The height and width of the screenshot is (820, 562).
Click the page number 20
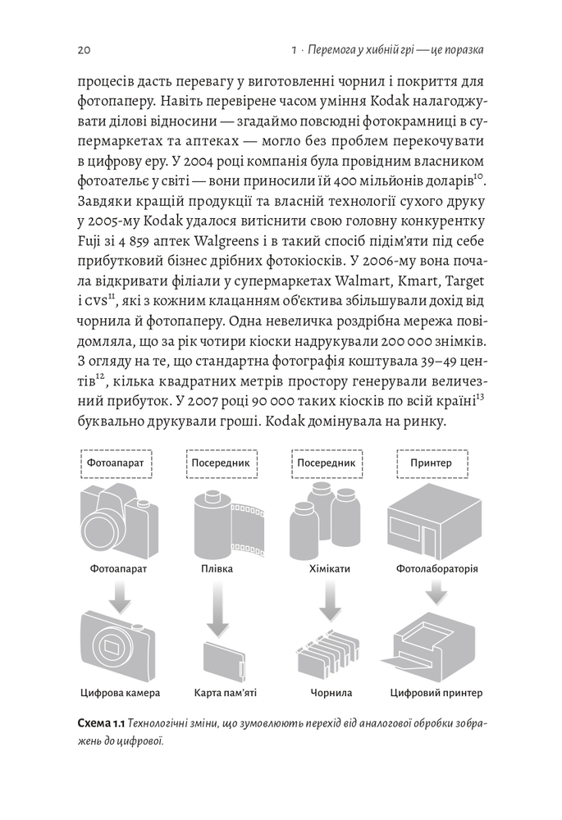pos(84,50)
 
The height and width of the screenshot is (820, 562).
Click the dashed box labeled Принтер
pos(432,462)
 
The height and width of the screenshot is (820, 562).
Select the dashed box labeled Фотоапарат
pos(116,462)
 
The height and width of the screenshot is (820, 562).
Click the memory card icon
pos(225,660)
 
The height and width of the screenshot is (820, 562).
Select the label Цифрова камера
pos(120,693)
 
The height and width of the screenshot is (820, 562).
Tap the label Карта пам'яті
pos(225,693)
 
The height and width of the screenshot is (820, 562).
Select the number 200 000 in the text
pos(406,342)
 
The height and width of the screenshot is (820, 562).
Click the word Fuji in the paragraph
pos(88,242)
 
